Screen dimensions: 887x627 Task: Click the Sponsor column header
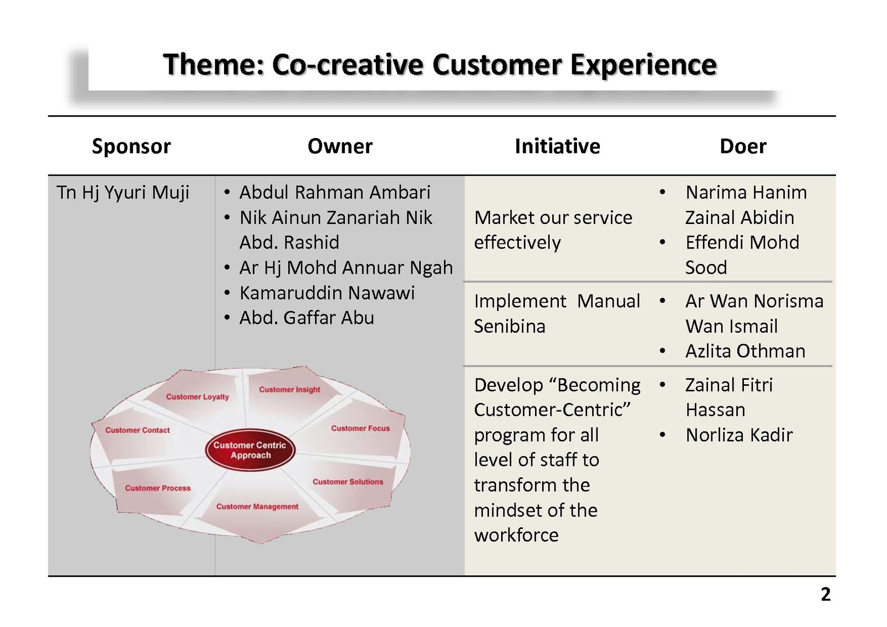pyautogui.click(x=131, y=147)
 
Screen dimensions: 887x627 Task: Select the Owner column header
pyautogui.click(x=340, y=146)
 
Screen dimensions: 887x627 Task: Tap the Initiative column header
pyautogui.click(x=557, y=146)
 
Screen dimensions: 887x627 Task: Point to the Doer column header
pyautogui.click(x=743, y=146)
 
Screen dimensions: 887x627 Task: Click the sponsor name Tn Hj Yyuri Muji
pyautogui.click(x=123, y=193)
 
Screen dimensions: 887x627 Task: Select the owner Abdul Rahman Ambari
pyautogui.click(x=335, y=192)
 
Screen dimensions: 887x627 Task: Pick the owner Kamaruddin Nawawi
pyautogui.click(x=327, y=293)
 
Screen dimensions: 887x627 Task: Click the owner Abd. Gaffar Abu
pyautogui.click(x=307, y=318)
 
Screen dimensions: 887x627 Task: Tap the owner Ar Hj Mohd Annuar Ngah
pyautogui.click(x=346, y=268)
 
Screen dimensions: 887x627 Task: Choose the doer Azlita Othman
pyautogui.click(x=745, y=351)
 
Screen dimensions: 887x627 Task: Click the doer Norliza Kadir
pyautogui.click(x=739, y=435)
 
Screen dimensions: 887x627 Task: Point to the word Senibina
pyautogui.click(x=509, y=327)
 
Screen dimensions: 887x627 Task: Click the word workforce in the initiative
pyautogui.click(x=516, y=536)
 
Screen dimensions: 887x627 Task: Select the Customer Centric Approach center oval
pyautogui.click(x=250, y=450)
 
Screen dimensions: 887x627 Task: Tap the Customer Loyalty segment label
pyautogui.click(x=197, y=397)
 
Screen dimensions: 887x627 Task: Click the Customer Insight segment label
pyautogui.click(x=289, y=390)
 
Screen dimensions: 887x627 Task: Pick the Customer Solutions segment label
pyautogui.click(x=348, y=482)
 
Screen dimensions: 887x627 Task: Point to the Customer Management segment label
pyautogui.click(x=257, y=507)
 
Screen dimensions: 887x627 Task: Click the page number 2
pyautogui.click(x=825, y=594)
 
